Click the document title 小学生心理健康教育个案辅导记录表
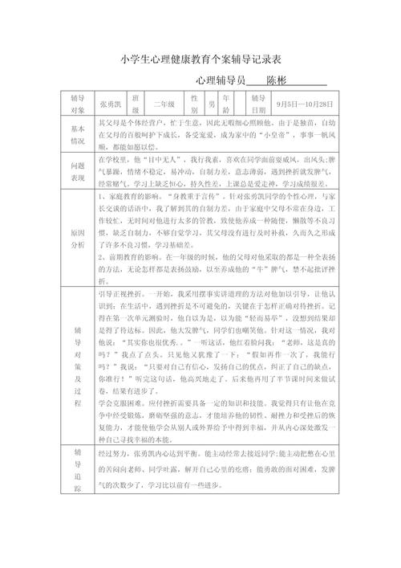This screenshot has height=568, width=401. [x=200, y=59]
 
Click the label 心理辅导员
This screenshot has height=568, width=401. [x=220, y=81]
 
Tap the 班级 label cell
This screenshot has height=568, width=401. [x=136, y=104]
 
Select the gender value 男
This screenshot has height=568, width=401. [x=211, y=104]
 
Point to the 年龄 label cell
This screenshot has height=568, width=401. [x=228, y=104]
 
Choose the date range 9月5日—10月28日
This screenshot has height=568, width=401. [x=303, y=104]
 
